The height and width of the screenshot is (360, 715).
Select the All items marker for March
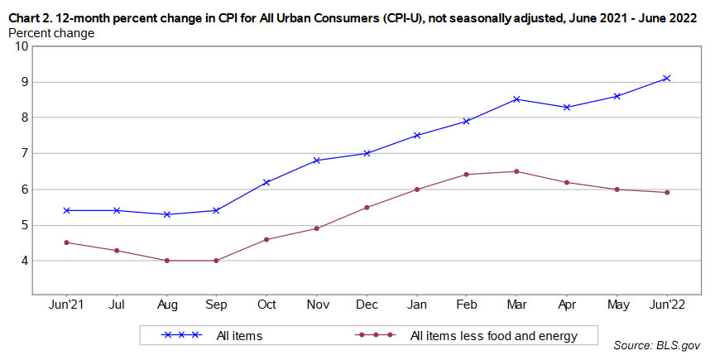pyautogui.click(x=516, y=99)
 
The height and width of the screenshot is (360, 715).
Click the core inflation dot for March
pyautogui.click(x=516, y=171)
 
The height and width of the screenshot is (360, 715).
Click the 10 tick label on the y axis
pyautogui.click(x=22, y=46)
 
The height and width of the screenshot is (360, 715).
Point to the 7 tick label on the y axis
pyautogui.click(x=25, y=153)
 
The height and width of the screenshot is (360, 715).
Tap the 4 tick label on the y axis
pyautogui.click(x=25, y=261)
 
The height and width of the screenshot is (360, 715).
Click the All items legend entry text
pyautogui.click(x=239, y=335)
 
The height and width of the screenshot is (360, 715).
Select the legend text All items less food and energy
pyautogui.click(x=494, y=335)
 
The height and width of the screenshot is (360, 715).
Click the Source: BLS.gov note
pyautogui.click(x=657, y=343)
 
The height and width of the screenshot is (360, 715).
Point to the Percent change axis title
pyautogui.click(x=51, y=33)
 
